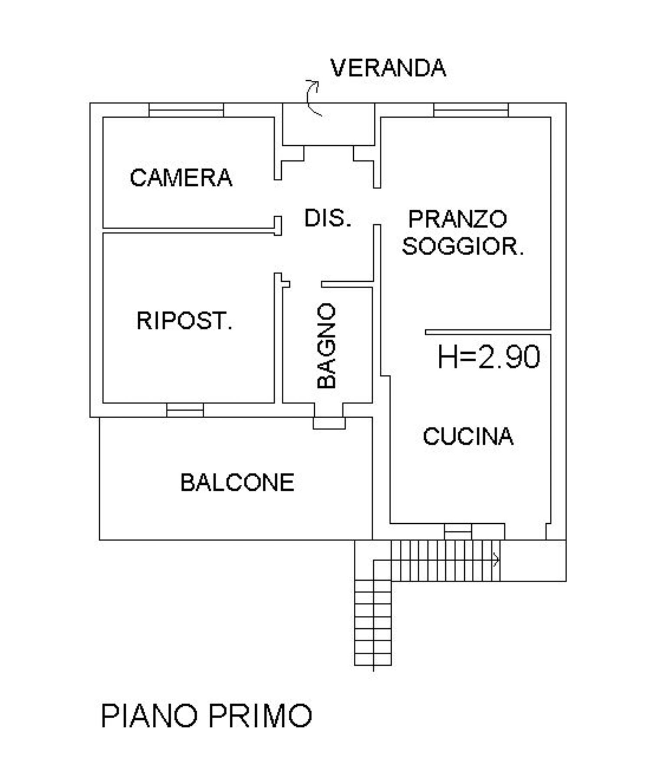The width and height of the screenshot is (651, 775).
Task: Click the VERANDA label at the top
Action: tap(388, 68)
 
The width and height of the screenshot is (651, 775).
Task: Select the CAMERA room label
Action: tap(181, 178)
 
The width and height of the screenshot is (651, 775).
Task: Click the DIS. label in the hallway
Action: tap(327, 218)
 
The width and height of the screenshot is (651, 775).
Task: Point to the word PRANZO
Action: tap(457, 219)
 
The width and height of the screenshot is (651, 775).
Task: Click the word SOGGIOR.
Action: tap(463, 246)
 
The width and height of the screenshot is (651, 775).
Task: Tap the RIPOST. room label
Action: tap(184, 321)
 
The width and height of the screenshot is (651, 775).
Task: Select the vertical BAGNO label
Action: tap(327, 345)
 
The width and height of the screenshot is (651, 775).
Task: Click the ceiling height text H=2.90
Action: tap(489, 357)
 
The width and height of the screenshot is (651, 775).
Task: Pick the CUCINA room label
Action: tap(468, 437)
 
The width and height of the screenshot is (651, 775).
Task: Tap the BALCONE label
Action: tap(237, 483)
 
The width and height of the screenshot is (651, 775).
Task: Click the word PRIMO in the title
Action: tap(260, 716)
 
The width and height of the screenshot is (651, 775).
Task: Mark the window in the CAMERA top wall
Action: tap(186, 110)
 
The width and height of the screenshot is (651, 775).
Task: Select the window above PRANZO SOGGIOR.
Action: tap(471, 110)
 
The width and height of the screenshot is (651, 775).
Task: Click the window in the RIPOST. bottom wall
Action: tap(185, 410)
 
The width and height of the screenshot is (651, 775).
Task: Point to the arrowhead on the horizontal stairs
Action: tap(496, 560)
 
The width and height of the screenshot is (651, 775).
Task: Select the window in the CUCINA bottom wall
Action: tap(458, 532)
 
